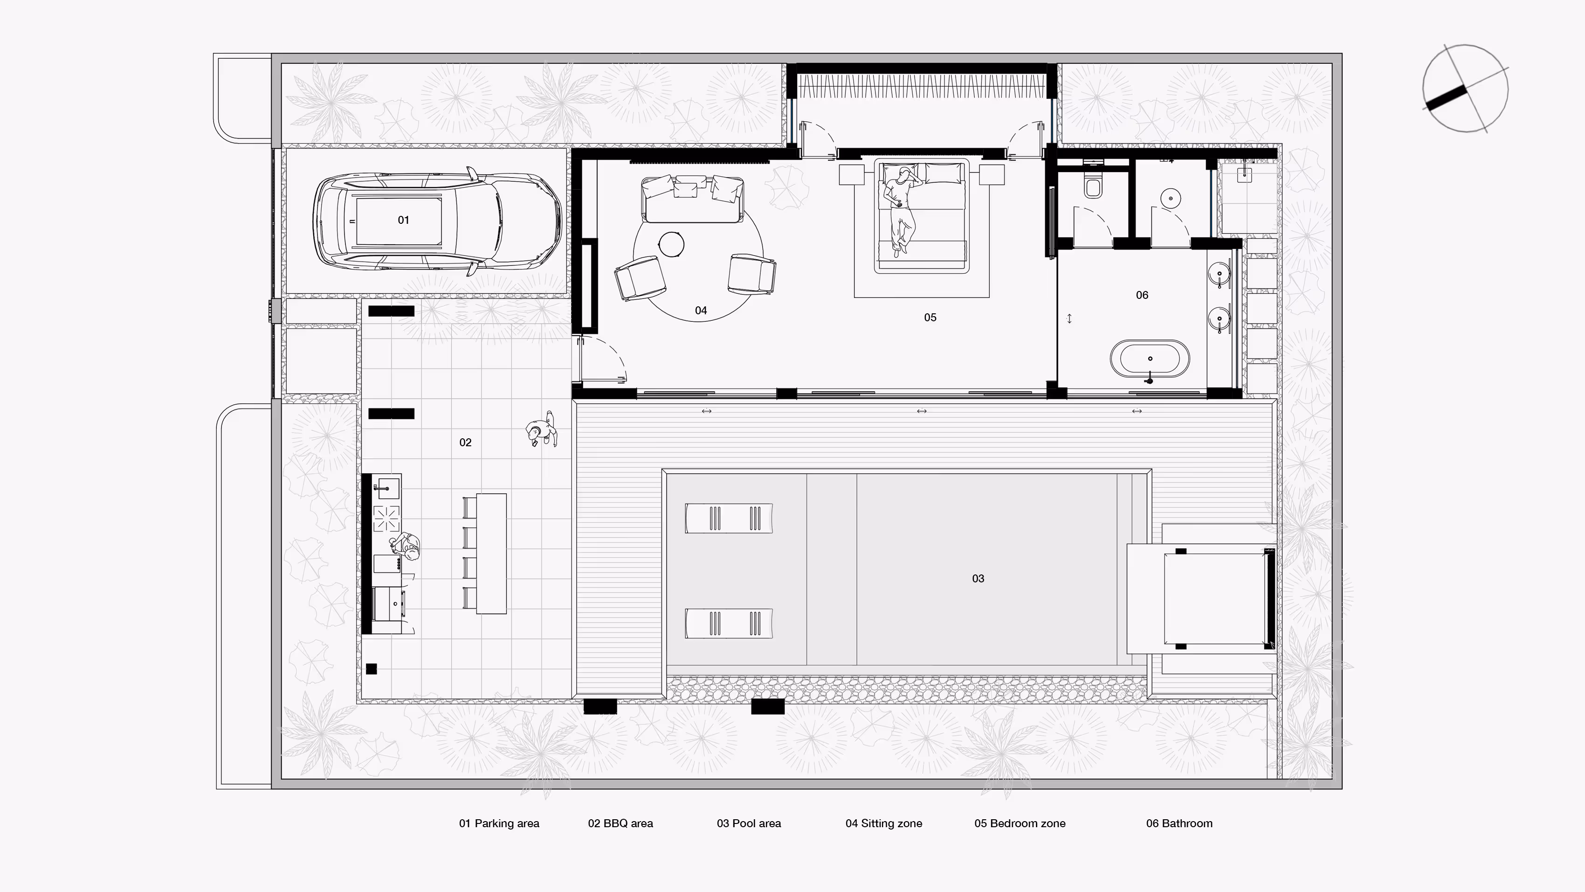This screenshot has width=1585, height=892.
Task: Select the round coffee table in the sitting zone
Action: point(671,244)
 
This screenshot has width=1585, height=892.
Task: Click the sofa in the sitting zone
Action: point(692,198)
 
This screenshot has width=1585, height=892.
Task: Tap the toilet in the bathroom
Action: point(1093,187)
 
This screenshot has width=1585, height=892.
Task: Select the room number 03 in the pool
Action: point(978,579)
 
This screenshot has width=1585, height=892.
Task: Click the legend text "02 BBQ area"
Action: point(620,823)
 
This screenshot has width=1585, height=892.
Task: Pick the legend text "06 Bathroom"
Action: point(1179,823)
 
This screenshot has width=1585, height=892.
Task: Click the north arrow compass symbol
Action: point(1465,88)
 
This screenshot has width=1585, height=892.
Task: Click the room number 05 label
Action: point(930,318)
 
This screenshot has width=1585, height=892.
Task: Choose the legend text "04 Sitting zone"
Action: point(883,823)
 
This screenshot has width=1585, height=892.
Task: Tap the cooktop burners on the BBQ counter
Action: point(387,517)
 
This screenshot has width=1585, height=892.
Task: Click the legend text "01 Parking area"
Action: point(499,823)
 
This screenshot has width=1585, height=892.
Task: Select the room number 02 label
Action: point(465,443)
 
